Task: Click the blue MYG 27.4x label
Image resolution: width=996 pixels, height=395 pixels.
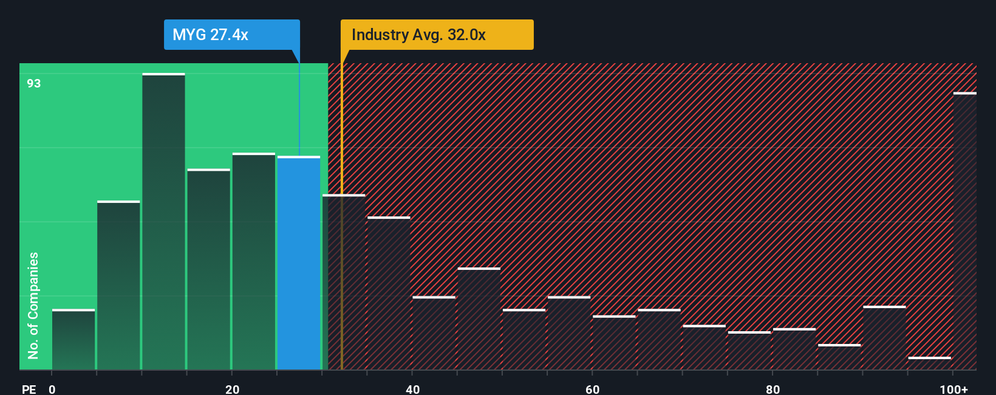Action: point(231,35)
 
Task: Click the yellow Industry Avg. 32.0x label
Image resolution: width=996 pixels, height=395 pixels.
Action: point(437,35)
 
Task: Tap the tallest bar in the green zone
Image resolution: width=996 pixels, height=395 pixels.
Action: point(163,222)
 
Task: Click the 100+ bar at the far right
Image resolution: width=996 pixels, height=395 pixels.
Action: point(964,231)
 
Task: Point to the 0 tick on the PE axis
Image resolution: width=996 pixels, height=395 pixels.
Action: point(52,389)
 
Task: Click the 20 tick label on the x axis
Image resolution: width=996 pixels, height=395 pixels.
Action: point(232,389)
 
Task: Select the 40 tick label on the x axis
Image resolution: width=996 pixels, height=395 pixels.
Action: point(412,389)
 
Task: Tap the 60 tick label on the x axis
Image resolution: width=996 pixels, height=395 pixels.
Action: point(592,389)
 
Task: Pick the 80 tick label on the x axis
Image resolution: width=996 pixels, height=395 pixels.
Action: point(773,389)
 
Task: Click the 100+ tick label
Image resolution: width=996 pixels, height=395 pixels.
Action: point(953,389)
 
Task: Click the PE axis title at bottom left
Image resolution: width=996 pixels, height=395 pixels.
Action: point(29,389)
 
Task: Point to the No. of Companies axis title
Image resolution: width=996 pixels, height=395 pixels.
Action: point(33,306)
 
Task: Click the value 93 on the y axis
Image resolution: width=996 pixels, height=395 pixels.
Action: point(34,83)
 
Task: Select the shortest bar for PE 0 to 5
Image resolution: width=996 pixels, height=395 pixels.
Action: point(73,340)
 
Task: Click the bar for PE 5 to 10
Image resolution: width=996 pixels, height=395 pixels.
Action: point(118,286)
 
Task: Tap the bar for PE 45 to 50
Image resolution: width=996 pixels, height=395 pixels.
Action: point(479,319)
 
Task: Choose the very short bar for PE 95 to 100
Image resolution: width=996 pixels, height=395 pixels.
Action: point(929,363)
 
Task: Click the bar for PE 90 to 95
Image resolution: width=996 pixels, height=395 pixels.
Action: point(884,338)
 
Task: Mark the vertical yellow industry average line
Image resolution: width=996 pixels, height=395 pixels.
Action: point(341,243)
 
